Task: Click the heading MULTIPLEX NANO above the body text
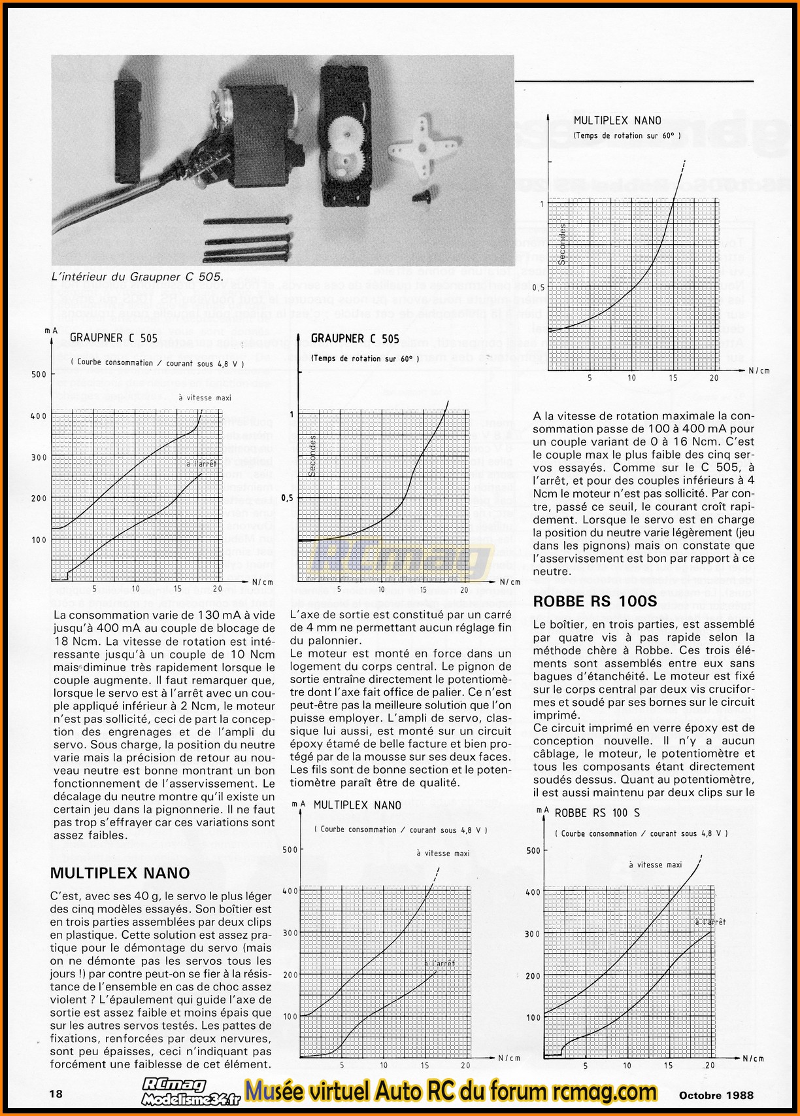tap(120, 873)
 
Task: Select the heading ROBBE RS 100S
tap(595, 602)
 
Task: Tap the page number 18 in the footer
tap(57, 1093)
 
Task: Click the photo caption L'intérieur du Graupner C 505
tap(137, 277)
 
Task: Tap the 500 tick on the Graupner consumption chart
tap(39, 374)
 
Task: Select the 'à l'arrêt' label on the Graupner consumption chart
tap(201, 464)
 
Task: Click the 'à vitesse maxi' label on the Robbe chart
tap(655, 865)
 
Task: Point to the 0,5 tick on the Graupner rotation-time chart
tap(286, 498)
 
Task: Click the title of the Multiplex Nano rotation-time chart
tap(617, 120)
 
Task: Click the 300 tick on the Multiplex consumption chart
tap(290, 933)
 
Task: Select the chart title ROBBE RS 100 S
tap(597, 813)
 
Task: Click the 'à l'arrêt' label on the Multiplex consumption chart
tap(439, 964)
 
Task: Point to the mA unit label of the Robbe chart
tap(542, 810)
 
